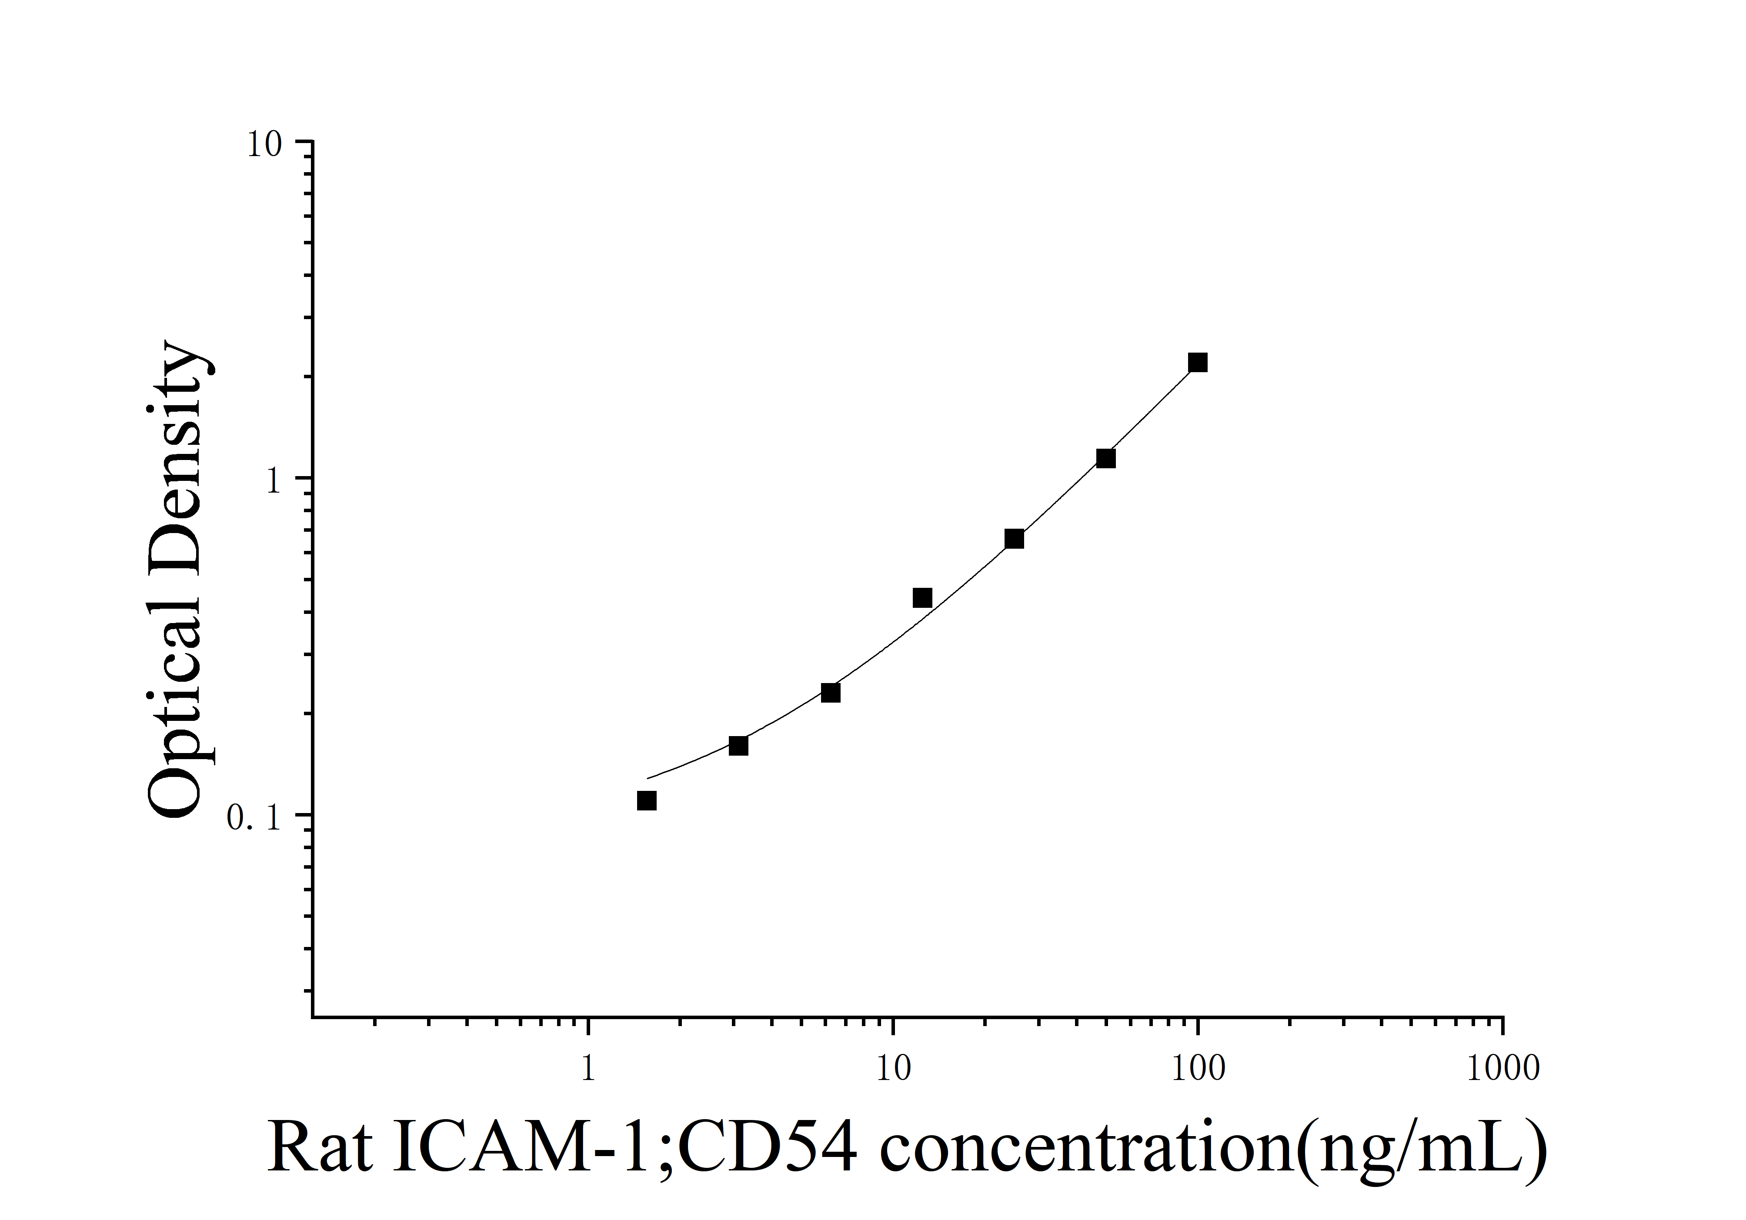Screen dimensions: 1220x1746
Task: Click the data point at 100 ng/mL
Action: (x=1198, y=363)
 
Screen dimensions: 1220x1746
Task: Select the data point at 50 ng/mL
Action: (x=1106, y=458)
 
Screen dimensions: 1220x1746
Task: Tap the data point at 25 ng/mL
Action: (x=1014, y=539)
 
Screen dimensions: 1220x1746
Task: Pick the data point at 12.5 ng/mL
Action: (x=921, y=597)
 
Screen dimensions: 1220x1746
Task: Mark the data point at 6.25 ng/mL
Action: (x=831, y=693)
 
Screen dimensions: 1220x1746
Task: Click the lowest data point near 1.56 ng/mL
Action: (x=646, y=800)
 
